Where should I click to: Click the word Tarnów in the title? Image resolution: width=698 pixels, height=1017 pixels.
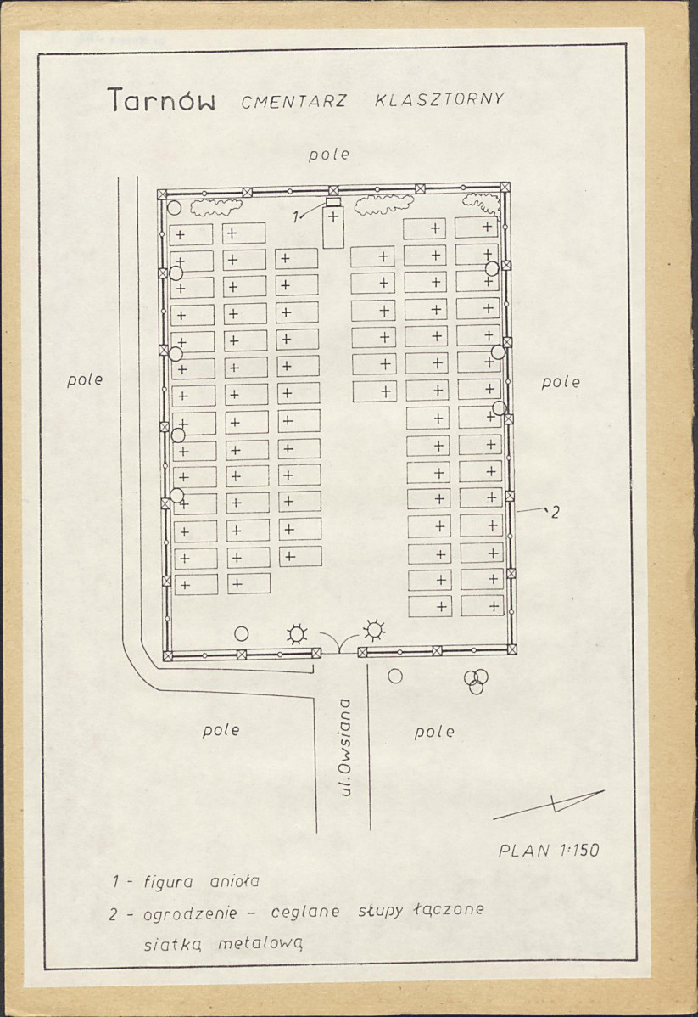click(x=161, y=100)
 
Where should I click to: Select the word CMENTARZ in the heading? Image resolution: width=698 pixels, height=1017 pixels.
click(x=294, y=102)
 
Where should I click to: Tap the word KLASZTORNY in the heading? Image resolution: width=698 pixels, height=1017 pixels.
click(x=439, y=99)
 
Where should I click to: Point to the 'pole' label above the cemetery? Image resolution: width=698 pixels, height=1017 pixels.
click(x=329, y=155)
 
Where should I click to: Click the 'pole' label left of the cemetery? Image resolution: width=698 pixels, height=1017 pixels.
click(x=85, y=380)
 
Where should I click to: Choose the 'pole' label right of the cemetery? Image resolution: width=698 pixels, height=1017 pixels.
click(x=561, y=382)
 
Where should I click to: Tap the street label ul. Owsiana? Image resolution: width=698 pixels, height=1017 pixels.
click(x=345, y=746)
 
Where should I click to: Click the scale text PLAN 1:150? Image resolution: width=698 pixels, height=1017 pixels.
click(x=548, y=850)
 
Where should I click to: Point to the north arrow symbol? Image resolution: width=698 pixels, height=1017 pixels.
click(x=548, y=805)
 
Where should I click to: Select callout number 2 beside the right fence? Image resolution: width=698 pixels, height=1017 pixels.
click(x=555, y=513)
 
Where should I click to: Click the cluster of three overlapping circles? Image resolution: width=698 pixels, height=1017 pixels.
click(x=477, y=680)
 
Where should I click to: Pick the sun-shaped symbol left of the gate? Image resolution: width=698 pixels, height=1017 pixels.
click(x=297, y=633)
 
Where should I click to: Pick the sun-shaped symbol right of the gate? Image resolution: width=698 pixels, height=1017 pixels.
click(x=374, y=629)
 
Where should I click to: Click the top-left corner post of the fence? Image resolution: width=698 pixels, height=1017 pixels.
click(x=162, y=194)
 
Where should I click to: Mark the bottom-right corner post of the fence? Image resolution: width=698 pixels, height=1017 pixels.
click(x=512, y=649)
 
